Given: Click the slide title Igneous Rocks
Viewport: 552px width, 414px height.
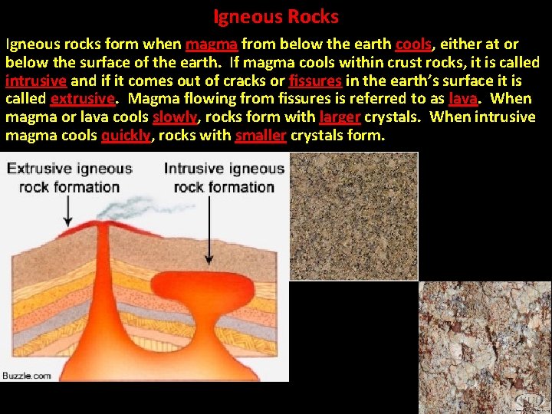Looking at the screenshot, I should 276,16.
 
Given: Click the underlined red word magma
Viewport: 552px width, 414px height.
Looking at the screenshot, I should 211,44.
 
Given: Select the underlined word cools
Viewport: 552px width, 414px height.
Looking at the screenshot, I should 413,44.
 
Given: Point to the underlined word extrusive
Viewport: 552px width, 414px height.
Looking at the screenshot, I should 83,99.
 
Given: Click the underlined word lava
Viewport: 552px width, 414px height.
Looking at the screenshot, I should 463,99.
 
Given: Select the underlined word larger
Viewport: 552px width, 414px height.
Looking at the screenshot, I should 340,117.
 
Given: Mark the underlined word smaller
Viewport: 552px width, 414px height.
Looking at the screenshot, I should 261,136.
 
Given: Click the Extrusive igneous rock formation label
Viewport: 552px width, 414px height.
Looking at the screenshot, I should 70,177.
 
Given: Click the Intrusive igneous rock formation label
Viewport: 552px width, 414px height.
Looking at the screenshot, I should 224,177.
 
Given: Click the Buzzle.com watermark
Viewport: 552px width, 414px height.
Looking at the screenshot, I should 27,375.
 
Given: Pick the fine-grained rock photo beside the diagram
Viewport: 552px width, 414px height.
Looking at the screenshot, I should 354,215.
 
